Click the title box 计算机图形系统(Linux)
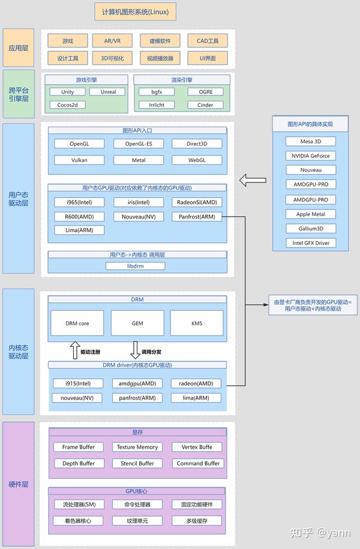click(136, 12)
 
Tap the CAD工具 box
click(207, 41)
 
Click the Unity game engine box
click(68, 92)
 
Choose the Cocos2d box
click(68, 105)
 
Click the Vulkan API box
click(79, 160)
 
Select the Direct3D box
click(196, 144)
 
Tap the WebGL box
click(196, 160)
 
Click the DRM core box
click(77, 323)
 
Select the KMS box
click(197, 323)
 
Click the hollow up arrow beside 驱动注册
click(75, 350)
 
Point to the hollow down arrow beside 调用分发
click(135, 350)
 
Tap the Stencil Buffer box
click(137, 463)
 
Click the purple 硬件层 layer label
click(19, 484)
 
